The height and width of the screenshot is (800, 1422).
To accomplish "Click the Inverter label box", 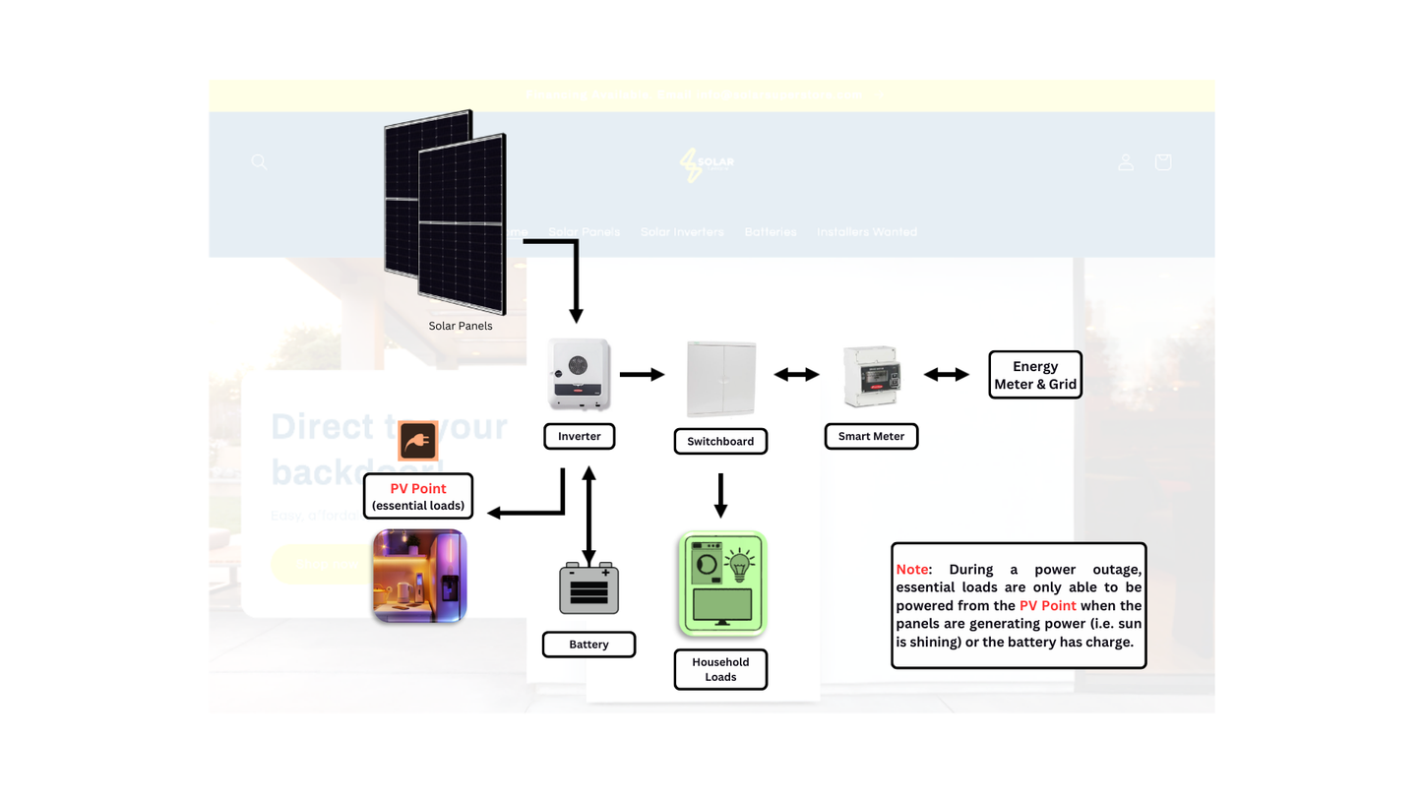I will point(579,436).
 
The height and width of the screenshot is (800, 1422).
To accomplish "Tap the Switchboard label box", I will point(720,441).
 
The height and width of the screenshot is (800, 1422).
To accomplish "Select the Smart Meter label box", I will point(871,436).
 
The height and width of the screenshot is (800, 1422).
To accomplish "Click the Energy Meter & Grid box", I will point(1034,375).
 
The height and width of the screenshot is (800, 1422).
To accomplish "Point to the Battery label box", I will point(588,645).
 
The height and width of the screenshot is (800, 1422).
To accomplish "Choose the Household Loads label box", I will point(720,669).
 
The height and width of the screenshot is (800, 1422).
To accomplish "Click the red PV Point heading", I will point(418,488).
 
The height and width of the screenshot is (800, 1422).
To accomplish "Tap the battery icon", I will point(588,588).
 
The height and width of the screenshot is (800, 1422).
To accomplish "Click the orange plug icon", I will point(417,441).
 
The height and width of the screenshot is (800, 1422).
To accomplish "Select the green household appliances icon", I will point(721,584).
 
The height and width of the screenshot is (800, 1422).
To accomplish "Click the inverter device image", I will point(579,375).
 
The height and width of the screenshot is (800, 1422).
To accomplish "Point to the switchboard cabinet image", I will point(721,379).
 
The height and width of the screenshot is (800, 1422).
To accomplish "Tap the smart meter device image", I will point(872,376).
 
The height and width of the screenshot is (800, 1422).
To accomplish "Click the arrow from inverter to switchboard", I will point(643,374).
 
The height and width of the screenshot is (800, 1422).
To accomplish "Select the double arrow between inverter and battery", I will point(588,514).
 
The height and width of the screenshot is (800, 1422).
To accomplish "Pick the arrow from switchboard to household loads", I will point(720,495).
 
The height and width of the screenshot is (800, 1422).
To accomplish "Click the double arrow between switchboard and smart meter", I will point(796,374).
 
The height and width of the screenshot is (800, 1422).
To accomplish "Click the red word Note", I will point(912,570).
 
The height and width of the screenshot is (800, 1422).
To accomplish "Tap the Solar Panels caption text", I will point(461,326).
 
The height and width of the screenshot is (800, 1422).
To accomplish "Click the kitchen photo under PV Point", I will point(419,576).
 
